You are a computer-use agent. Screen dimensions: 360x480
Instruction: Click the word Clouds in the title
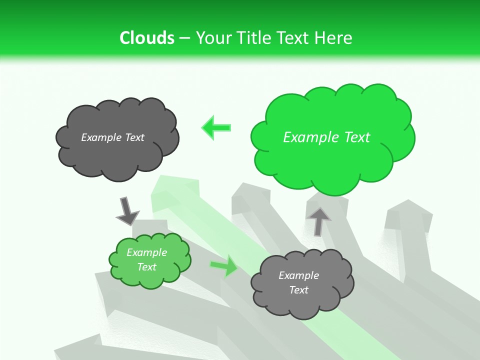pyautogui.click(x=147, y=38)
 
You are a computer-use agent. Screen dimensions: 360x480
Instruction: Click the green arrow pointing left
pyautogui.click(x=216, y=127)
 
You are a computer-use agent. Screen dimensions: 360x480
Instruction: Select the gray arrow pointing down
pyautogui.click(x=127, y=210)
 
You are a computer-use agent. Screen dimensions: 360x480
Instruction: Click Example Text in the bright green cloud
pyautogui.click(x=326, y=137)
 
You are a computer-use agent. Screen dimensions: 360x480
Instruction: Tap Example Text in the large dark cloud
pyautogui.click(x=112, y=137)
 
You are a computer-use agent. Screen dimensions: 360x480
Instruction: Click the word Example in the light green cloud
pyautogui.click(x=146, y=252)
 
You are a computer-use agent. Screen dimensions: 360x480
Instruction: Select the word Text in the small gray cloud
pyautogui.click(x=298, y=290)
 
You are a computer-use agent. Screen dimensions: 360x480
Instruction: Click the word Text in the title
pyautogui.click(x=295, y=38)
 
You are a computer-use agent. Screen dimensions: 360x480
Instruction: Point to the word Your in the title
pyautogui.click(x=211, y=38)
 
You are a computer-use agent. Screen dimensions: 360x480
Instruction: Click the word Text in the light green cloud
pyautogui.click(x=146, y=267)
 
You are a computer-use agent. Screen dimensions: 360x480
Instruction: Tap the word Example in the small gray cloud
pyautogui.click(x=298, y=275)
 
